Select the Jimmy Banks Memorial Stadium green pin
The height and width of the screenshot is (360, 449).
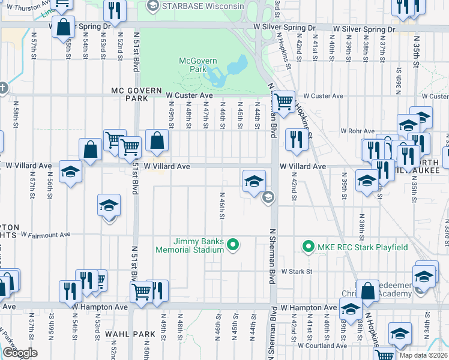pos(235,244)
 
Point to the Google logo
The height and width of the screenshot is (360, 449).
pos(19,353)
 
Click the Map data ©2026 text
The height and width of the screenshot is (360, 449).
pos(423,355)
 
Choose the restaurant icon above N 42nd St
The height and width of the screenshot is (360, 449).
pos(296,139)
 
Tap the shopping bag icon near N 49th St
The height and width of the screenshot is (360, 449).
pos(156,140)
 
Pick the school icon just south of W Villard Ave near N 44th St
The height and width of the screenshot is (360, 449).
pos(254,180)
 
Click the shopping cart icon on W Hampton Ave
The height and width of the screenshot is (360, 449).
pos(141,292)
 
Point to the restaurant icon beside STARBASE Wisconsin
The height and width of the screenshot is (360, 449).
pos(114,10)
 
